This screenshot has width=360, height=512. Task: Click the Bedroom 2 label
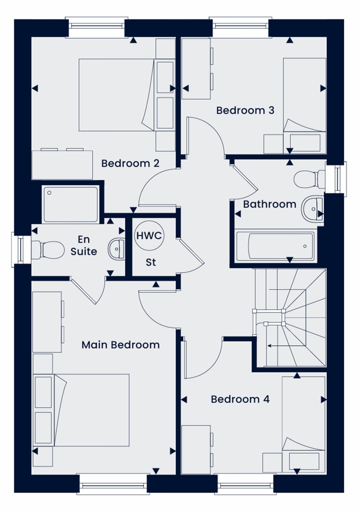pyautogui.click(x=130, y=163)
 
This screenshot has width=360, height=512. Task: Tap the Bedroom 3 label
pyautogui.click(x=245, y=110)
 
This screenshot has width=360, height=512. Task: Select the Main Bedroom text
pyautogui.click(x=120, y=345)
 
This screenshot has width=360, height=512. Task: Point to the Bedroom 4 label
pyautogui.click(x=240, y=399)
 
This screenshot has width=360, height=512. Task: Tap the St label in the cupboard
pyautogui.click(x=151, y=263)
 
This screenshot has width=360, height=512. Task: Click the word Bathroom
pyautogui.click(x=270, y=204)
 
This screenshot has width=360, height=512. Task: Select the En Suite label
pyautogui.click(x=84, y=245)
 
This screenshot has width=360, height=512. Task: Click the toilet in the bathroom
pyautogui.click(x=309, y=179)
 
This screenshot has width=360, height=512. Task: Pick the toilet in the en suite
pyautogui.click(x=47, y=250)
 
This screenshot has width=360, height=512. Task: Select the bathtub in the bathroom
pyautogui.click(x=275, y=246)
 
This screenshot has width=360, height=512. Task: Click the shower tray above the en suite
pyautogui.click(x=71, y=204)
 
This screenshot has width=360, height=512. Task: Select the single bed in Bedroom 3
pyautogui.click(x=304, y=106)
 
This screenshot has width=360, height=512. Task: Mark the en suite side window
pyautogui.click(x=21, y=249)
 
